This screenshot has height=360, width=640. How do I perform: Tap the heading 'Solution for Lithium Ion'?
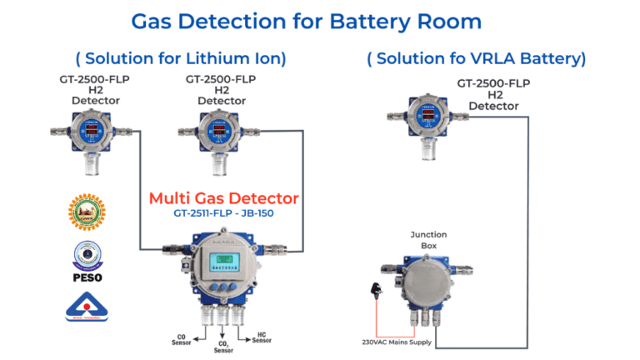pos(181,58)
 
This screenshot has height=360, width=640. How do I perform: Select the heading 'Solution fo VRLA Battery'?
pos(476,58)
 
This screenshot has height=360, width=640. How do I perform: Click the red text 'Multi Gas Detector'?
pos(223,198)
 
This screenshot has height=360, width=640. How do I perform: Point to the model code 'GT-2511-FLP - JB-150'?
pos(223,213)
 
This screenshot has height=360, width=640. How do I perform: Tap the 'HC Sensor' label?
pos(262,337)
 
